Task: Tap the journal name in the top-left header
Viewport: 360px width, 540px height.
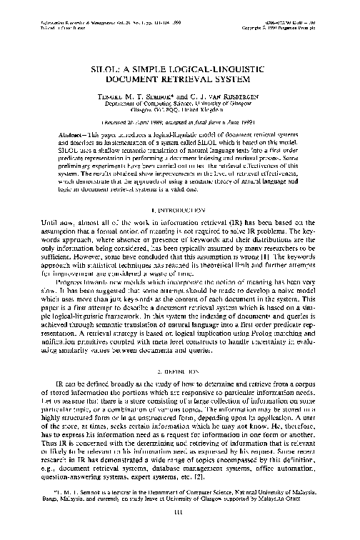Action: pos(79,6)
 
